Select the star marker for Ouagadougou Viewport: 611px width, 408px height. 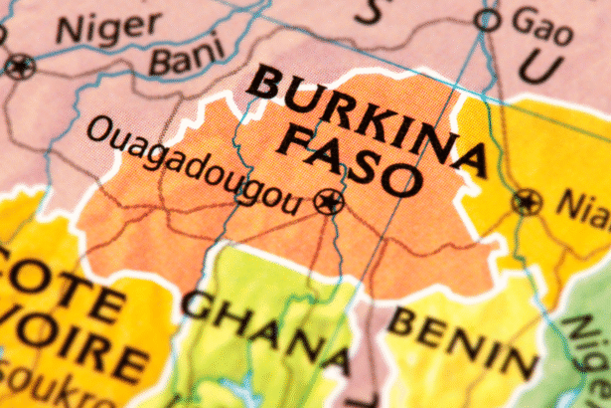tap(326, 203)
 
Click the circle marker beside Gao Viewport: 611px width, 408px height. tap(486, 19)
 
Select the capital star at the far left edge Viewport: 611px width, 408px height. tap(19, 68)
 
